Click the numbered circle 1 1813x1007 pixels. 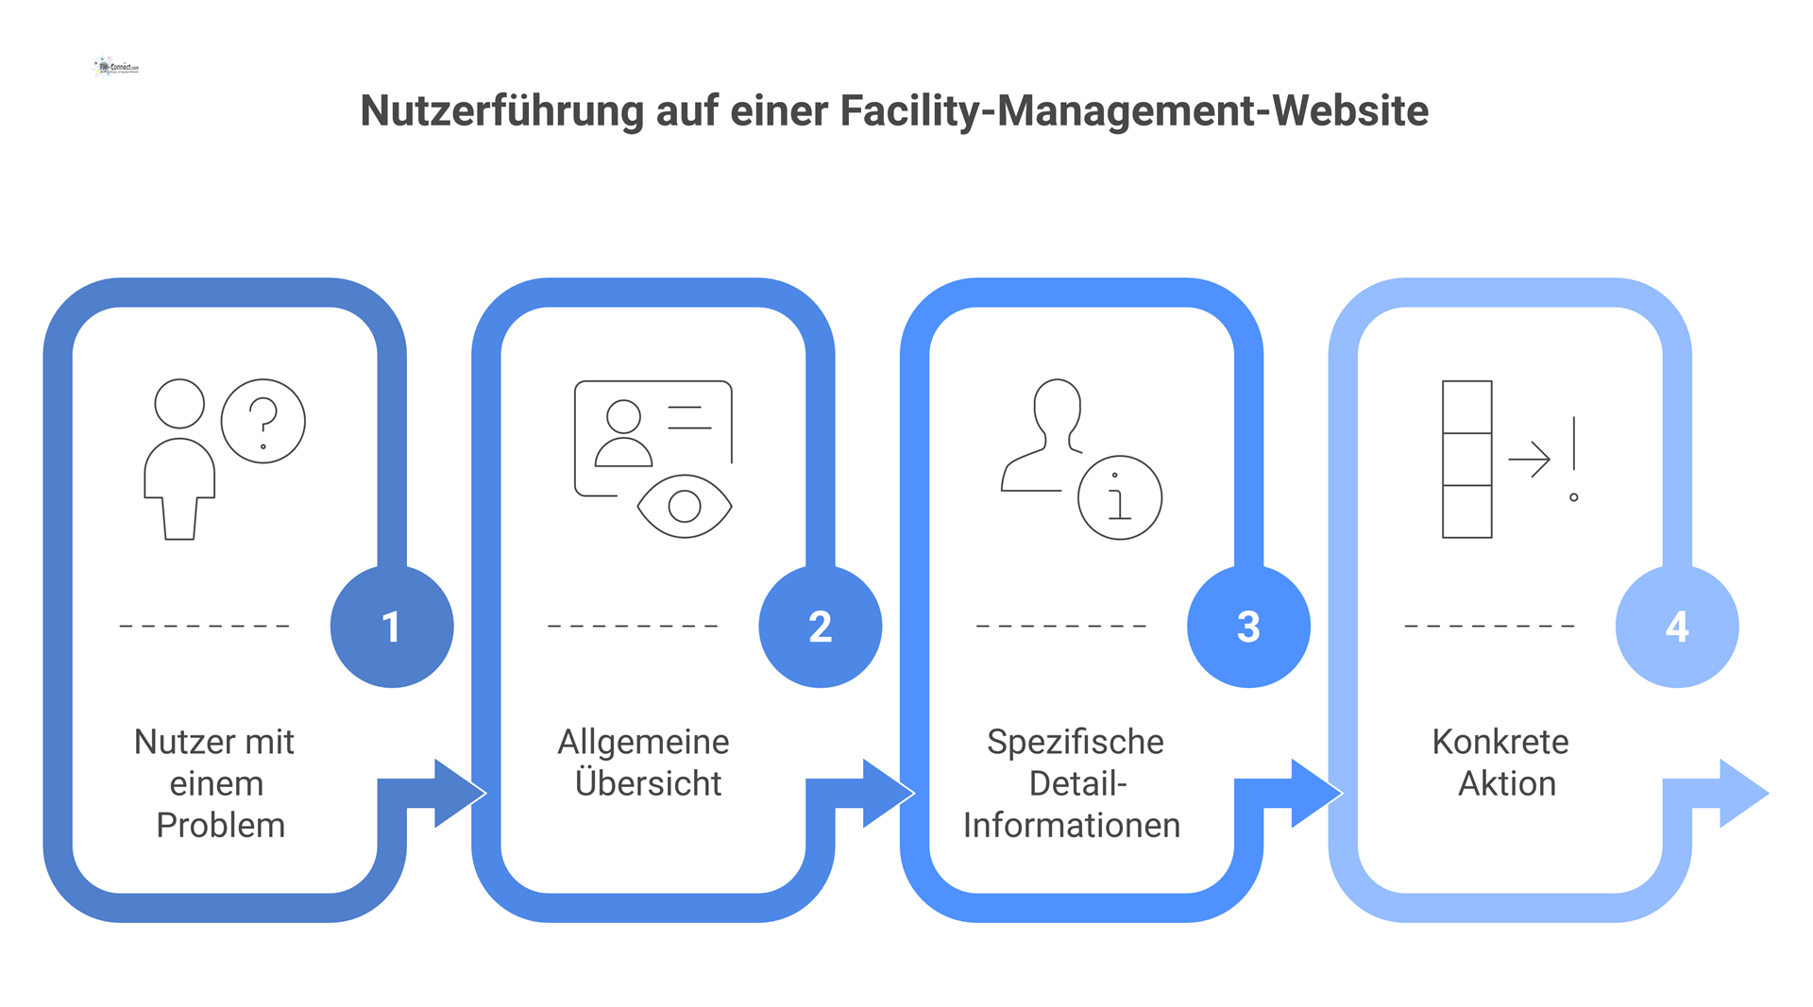[x=392, y=627]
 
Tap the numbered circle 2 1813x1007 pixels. [x=820, y=627]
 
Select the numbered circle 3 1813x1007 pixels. [x=1248, y=627]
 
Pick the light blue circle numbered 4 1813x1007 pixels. [x=1677, y=627]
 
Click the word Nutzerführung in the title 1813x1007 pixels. [x=502, y=111]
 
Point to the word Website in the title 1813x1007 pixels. [x=1350, y=110]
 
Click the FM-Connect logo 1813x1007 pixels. [x=117, y=67]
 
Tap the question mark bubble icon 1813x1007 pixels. [x=263, y=421]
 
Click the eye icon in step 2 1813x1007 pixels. [x=685, y=507]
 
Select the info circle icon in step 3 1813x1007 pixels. [x=1120, y=497]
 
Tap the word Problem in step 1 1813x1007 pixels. [x=220, y=826]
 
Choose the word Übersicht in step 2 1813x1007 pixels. [x=648, y=783]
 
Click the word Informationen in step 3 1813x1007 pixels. [x=1072, y=826]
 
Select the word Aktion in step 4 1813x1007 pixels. [x=1507, y=783]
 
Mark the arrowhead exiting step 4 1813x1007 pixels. [x=1742, y=794]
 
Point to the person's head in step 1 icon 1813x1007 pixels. [x=179, y=404]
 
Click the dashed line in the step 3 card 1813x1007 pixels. [x=1061, y=626]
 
